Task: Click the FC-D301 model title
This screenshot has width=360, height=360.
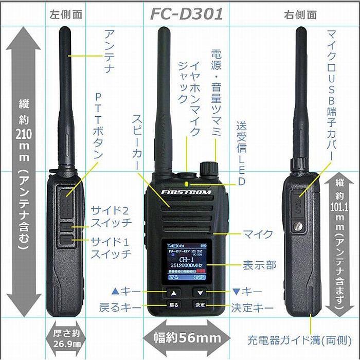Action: pyautogui.click(x=187, y=13)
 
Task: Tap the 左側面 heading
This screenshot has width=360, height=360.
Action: pyautogui.click(x=66, y=14)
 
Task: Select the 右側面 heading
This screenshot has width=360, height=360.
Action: pyautogui.click(x=300, y=14)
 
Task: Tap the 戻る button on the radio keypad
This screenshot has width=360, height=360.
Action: pyautogui.click(x=174, y=304)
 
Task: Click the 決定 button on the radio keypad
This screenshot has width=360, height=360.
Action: pyautogui.click(x=200, y=304)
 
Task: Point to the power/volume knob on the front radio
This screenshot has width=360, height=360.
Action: pyautogui.click(x=208, y=169)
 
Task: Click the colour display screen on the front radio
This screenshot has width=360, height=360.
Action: pyautogui.click(x=186, y=261)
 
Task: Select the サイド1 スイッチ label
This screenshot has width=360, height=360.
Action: pyautogui.click(x=111, y=247)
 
